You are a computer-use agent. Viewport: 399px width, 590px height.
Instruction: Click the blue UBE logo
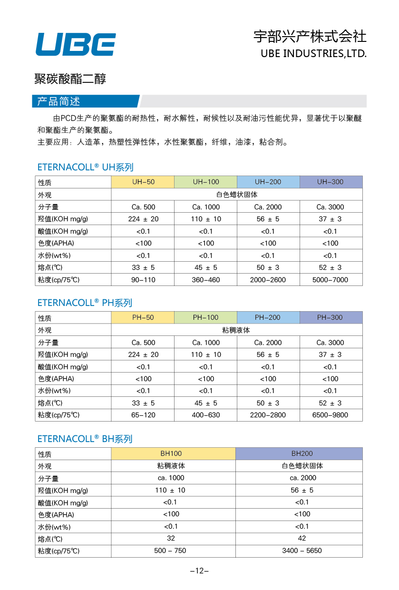(x=76, y=44)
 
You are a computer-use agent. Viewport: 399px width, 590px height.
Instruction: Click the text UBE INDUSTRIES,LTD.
(x=313, y=53)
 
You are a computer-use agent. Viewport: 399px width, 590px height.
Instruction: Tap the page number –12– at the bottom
(x=200, y=571)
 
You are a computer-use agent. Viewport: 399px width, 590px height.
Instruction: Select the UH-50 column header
(x=143, y=182)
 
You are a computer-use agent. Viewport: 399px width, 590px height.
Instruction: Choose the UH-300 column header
(x=331, y=182)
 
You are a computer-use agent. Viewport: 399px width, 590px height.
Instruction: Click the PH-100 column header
(x=205, y=318)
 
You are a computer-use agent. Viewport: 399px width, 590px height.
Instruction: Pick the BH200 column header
(x=299, y=453)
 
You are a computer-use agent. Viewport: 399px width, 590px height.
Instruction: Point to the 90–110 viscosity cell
(x=143, y=280)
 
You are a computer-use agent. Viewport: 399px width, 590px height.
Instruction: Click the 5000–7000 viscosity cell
(x=331, y=280)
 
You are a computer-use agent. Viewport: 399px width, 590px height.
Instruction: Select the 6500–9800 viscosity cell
(x=331, y=415)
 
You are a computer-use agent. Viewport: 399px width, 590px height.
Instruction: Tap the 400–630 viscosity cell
(x=205, y=415)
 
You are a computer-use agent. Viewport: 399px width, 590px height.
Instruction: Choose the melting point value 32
(x=171, y=538)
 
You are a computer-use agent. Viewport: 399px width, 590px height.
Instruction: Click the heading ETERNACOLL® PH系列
(x=85, y=303)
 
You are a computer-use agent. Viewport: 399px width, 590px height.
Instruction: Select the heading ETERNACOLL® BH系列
(x=85, y=439)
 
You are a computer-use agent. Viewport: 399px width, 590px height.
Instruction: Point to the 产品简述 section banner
(x=86, y=101)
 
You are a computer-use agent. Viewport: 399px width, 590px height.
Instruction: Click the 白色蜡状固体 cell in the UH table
(x=237, y=195)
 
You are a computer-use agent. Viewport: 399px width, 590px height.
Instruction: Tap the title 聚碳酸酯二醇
(x=70, y=79)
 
